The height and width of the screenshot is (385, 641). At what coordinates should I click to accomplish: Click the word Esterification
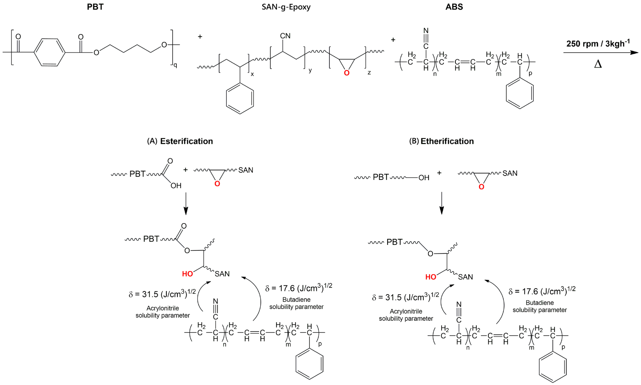tap(186, 141)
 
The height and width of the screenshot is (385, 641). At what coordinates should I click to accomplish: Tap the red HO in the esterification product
tap(187, 274)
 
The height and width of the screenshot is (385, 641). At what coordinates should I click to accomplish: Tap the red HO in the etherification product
tap(431, 277)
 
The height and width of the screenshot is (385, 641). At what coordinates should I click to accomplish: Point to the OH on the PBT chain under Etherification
tap(424, 178)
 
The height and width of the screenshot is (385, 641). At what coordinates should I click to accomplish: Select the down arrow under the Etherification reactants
tap(442, 204)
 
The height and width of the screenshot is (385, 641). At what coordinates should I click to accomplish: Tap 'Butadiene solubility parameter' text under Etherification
tap(539, 306)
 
